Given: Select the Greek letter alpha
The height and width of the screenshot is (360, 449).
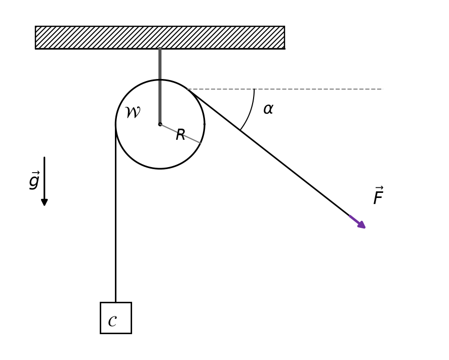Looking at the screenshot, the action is coord(268,109).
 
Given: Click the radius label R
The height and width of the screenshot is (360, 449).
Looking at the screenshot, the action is coord(180,135).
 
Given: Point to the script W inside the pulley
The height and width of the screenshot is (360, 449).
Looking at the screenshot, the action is coord(133,112).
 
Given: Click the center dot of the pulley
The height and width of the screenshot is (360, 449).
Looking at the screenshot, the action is coord(160,124).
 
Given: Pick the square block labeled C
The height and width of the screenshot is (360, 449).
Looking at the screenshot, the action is coord(116,318).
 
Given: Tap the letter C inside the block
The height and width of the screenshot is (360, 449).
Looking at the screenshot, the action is coord(112,321).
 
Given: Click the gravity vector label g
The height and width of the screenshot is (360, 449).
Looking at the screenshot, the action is coord(34,180).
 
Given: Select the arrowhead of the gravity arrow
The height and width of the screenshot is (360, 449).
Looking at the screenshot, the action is coord(45,202).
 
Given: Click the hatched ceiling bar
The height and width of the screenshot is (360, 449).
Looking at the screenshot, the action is coord(160,37).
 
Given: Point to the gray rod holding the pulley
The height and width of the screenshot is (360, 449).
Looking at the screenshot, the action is coord(160,86).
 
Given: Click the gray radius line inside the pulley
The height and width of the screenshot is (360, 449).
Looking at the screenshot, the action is coord(180,134).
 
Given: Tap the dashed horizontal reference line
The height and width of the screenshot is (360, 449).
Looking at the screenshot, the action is coord(285,89).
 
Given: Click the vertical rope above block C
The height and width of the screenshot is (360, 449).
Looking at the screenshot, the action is coord(116,213).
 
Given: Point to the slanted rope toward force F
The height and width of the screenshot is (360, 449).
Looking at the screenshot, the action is coord(269,152).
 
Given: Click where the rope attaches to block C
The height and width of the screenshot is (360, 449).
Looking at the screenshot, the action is coord(116,302).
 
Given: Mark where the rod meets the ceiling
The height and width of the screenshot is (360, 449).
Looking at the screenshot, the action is coord(160,49).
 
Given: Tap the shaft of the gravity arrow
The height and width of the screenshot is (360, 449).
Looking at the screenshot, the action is coord(45,178).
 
